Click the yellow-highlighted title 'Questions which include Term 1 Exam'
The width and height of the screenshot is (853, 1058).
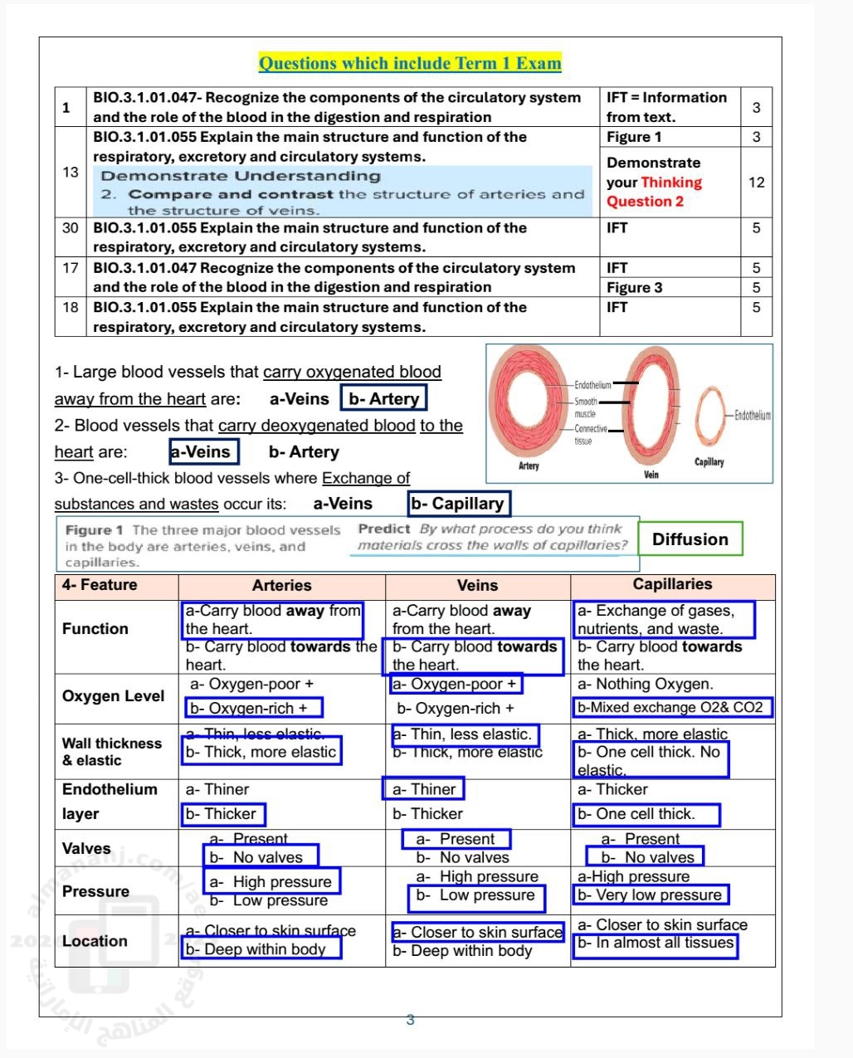click(x=410, y=63)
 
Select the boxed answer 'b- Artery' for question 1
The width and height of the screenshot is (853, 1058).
click(x=383, y=398)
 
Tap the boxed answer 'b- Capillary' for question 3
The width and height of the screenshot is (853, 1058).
click(x=457, y=504)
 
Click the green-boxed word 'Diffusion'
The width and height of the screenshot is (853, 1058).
click(x=690, y=539)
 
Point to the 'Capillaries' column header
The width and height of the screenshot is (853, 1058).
click(x=672, y=584)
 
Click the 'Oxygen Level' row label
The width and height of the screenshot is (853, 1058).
click(x=113, y=696)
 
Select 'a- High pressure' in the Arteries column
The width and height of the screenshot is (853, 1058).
click(x=271, y=881)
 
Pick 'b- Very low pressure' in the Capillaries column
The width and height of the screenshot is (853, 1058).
click(x=650, y=895)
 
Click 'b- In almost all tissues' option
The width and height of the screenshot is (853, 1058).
click(x=656, y=943)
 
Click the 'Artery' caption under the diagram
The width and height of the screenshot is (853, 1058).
click(x=529, y=466)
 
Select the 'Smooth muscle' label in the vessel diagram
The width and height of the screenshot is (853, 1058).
click(x=586, y=407)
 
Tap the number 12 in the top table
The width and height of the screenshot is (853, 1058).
click(x=756, y=182)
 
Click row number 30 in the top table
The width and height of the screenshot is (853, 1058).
click(x=71, y=227)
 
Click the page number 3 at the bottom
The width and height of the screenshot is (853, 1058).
click(x=410, y=1020)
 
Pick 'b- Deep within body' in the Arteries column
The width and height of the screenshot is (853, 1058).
click(x=256, y=949)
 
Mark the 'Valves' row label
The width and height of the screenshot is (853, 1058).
click(x=86, y=848)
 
